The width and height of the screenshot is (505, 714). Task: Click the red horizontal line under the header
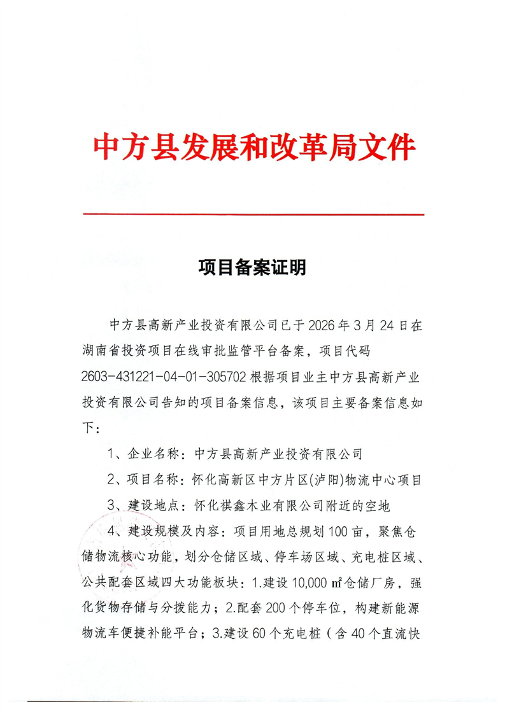click(253, 215)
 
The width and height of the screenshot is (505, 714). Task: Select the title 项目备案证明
click(252, 268)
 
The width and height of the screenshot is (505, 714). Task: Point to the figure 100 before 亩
click(343, 532)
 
